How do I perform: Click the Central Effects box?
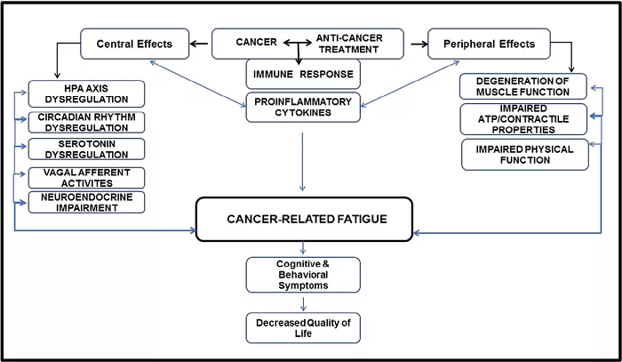pyautogui.click(x=134, y=44)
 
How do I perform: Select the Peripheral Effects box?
pyautogui.click(x=489, y=44)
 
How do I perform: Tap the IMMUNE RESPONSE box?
pyautogui.click(x=303, y=74)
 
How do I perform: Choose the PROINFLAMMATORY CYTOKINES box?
pyautogui.click(x=303, y=107)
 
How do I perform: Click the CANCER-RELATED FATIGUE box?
pyautogui.click(x=304, y=219)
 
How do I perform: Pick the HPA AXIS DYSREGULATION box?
pyautogui.click(x=86, y=93)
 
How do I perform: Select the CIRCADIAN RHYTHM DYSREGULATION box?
pyautogui.click(x=86, y=122)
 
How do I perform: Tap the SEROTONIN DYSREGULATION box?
pyautogui.click(x=86, y=149)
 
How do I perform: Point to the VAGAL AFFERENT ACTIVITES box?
pyautogui.click(x=86, y=178)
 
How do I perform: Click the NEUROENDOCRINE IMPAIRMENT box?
pyautogui.click(x=86, y=202)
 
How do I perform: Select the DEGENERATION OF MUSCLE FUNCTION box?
pyautogui.click(x=522, y=86)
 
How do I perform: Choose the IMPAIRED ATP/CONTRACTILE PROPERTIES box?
pyautogui.click(x=523, y=119)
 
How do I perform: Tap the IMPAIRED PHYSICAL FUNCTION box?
pyautogui.click(x=525, y=155)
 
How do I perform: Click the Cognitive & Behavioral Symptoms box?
pyautogui.click(x=303, y=275)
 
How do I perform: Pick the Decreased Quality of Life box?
pyautogui.click(x=303, y=328)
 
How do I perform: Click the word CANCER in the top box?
pyautogui.click(x=256, y=42)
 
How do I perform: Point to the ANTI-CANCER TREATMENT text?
pyautogui.click(x=349, y=44)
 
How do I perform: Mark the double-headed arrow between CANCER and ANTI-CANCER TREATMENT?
pyautogui.click(x=298, y=43)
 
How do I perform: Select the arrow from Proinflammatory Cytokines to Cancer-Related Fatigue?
pyautogui.click(x=302, y=162)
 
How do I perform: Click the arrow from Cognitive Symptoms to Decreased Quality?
pyautogui.click(x=303, y=304)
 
